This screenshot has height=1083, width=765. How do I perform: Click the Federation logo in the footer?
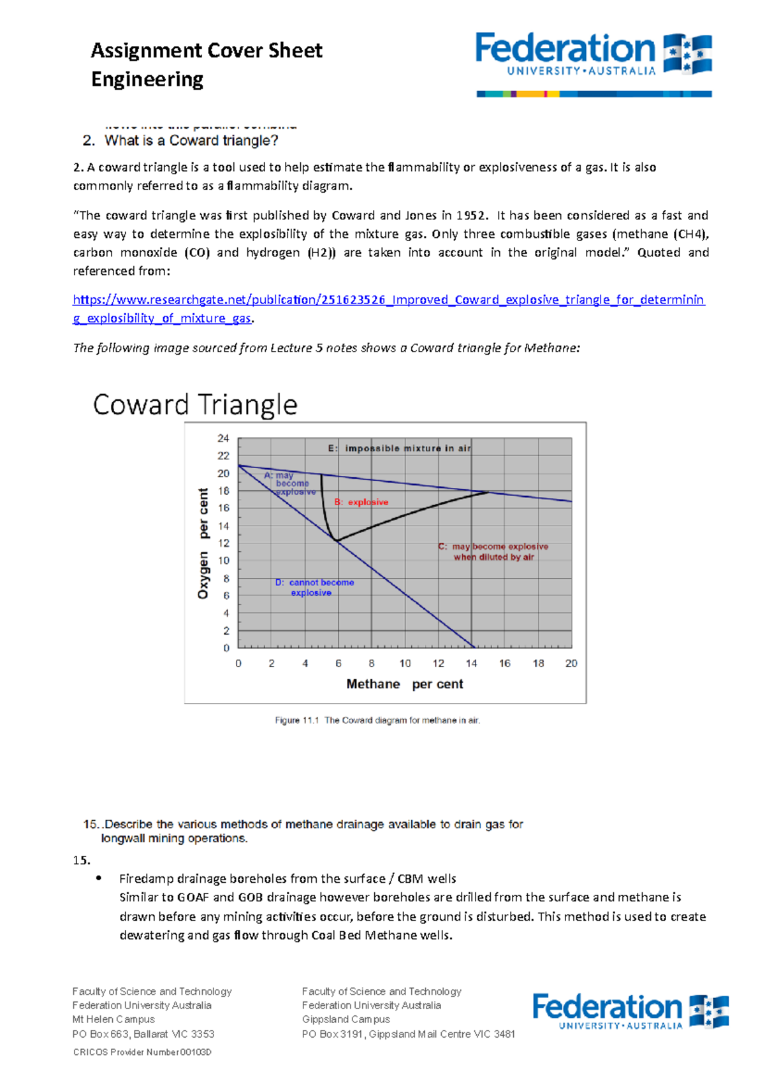630,1011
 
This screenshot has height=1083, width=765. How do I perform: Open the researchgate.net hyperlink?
388,300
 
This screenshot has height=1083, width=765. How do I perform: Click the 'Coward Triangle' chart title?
195,405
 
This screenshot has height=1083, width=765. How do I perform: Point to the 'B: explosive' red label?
361,502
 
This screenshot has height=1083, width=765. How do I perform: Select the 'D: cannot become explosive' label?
314,587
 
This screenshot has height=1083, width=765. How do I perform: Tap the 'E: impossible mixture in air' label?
400,448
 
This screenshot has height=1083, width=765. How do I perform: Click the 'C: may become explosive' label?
493,552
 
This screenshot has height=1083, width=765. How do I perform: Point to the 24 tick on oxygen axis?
223,438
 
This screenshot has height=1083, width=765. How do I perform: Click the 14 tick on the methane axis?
472,663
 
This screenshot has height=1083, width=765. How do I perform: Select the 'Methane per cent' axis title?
405,684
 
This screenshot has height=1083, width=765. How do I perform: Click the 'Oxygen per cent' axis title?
203,543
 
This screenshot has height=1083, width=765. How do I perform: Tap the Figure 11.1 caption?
377,720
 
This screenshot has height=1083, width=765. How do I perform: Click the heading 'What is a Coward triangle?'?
191,141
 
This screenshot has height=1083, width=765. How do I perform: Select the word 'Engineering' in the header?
147,80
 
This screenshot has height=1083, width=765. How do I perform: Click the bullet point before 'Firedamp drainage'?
99,878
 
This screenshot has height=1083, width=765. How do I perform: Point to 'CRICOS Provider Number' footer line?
142,1052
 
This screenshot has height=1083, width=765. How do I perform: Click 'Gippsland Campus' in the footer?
346,1019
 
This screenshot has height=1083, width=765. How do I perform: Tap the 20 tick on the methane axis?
571,663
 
